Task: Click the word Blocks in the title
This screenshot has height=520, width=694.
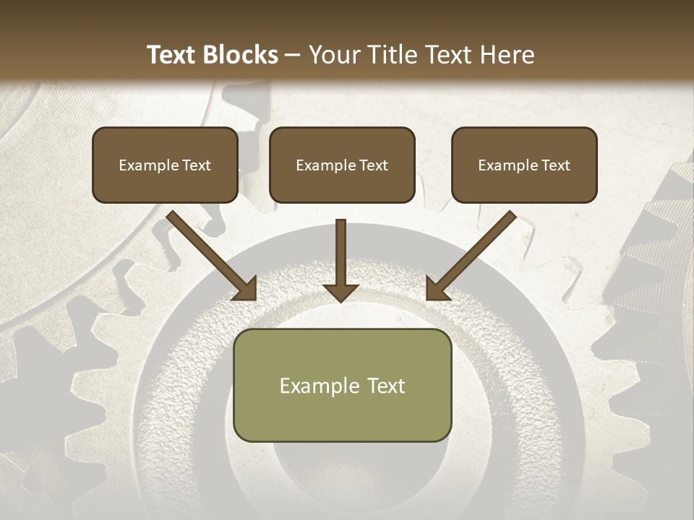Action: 239,55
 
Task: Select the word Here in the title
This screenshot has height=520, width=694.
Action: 506,55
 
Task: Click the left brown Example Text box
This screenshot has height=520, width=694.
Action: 165,165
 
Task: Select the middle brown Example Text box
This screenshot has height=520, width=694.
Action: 342,165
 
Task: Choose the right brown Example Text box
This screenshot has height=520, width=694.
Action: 524,165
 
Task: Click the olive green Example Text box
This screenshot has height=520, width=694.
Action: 342,385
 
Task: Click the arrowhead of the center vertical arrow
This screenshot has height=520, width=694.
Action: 340,292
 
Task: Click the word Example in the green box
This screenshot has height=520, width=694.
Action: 315,386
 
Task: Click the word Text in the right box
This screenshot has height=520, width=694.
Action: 556,165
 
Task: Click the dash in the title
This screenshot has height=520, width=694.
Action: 293,55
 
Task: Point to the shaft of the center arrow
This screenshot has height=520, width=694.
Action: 340,249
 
